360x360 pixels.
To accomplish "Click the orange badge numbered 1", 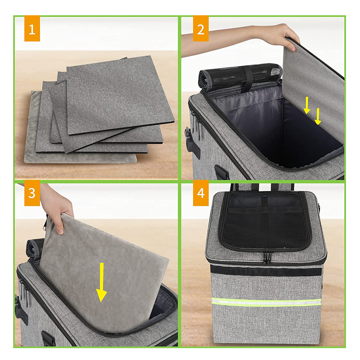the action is click(x=32, y=28).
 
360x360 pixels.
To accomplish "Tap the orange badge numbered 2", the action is click(x=201, y=28).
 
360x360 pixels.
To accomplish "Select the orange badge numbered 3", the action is click(x=32, y=193).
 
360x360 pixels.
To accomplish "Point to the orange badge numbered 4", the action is click(x=201, y=193).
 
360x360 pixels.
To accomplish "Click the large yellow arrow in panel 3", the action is click(x=101, y=282).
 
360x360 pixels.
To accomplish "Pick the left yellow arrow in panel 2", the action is click(x=307, y=105).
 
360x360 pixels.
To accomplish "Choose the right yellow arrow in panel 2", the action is click(x=318, y=116).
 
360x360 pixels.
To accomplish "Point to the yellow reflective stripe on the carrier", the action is click(x=266, y=302).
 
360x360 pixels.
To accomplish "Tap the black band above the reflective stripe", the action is click(x=266, y=271).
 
